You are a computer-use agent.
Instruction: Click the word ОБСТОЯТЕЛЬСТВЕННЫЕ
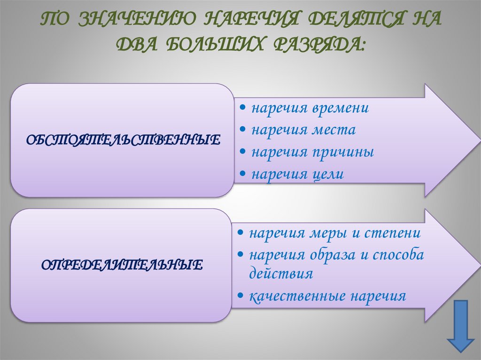tap(122, 139)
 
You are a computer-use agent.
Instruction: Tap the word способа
tap(399, 255)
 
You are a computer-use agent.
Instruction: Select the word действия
tap(281, 274)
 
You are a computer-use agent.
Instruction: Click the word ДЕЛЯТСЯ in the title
tap(348, 21)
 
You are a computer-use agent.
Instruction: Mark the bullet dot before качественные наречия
tap(240, 297)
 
